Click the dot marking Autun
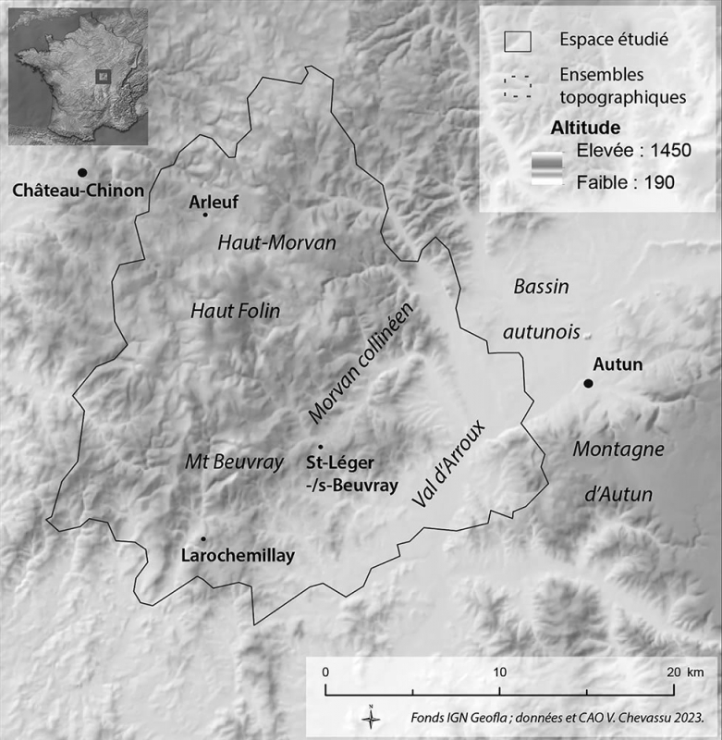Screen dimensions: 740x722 tap(588, 384)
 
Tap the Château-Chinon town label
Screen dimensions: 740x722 tap(79, 191)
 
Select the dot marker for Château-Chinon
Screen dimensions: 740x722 tap(82, 172)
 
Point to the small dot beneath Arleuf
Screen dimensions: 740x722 tap(205, 215)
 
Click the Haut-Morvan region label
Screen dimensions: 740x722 tap(276, 242)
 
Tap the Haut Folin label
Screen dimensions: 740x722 tap(235, 311)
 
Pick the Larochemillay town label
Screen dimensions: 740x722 tap(232, 556)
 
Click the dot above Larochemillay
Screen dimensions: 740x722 tap(202, 539)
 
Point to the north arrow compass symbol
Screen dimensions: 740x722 tap(370, 716)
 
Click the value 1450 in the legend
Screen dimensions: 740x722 tap(667, 150)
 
